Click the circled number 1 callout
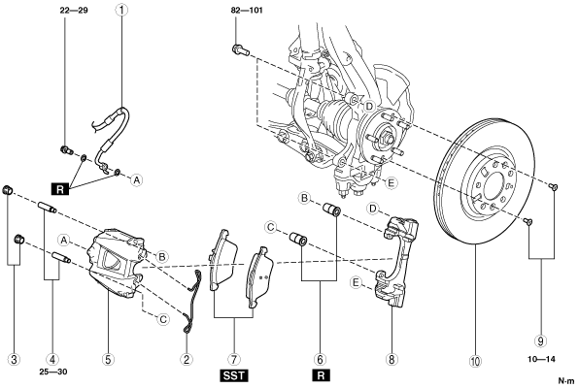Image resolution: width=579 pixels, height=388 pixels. pyautogui.click(x=121, y=10)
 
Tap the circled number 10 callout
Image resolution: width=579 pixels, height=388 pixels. pyautogui.click(x=476, y=362)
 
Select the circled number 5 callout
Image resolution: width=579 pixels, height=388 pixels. pyautogui.click(x=108, y=359)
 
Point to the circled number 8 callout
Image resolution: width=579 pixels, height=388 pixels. pyautogui.click(x=392, y=359)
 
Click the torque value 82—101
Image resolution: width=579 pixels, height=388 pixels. pyautogui.click(x=247, y=10)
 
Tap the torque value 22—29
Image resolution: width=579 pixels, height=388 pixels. pyautogui.click(x=74, y=10)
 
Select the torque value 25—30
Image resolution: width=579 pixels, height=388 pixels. pyautogui.click(x=53, y=372)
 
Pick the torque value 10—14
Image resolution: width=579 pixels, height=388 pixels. pyautogui.click(x=541, y=359)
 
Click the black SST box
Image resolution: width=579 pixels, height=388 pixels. pyautogui.click(x=234, y=375)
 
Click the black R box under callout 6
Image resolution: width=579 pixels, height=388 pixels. pyautogui.click(x=321, y=375)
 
